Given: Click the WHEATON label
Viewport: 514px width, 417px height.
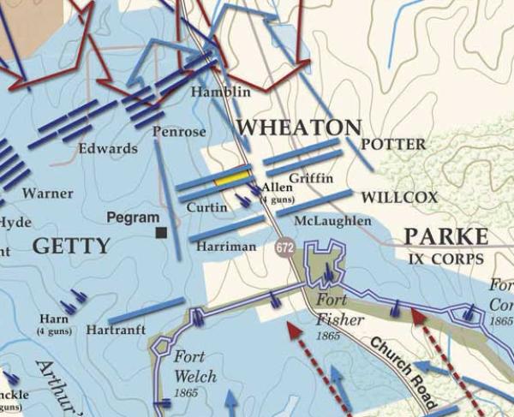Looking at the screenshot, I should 298,128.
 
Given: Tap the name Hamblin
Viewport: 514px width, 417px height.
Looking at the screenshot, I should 221,92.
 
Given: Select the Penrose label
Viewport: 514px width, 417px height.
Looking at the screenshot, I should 179,132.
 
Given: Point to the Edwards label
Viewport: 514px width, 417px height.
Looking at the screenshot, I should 108,148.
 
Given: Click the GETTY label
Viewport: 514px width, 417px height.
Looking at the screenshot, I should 71,247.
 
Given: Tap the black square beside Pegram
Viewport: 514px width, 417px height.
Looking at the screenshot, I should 161,232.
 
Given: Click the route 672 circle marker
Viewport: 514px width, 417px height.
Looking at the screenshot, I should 285,247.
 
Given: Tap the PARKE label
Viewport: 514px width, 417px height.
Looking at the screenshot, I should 445,236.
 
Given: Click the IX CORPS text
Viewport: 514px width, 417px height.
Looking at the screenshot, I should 445,258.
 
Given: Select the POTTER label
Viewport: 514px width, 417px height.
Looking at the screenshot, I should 393,144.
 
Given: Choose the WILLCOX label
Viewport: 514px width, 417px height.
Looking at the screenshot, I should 398,197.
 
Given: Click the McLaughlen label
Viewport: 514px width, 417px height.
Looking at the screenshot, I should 332,221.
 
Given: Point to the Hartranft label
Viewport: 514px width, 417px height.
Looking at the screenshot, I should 117,330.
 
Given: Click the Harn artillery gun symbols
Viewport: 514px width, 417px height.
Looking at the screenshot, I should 75,299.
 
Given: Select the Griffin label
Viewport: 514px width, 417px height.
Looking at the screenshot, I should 306,180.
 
